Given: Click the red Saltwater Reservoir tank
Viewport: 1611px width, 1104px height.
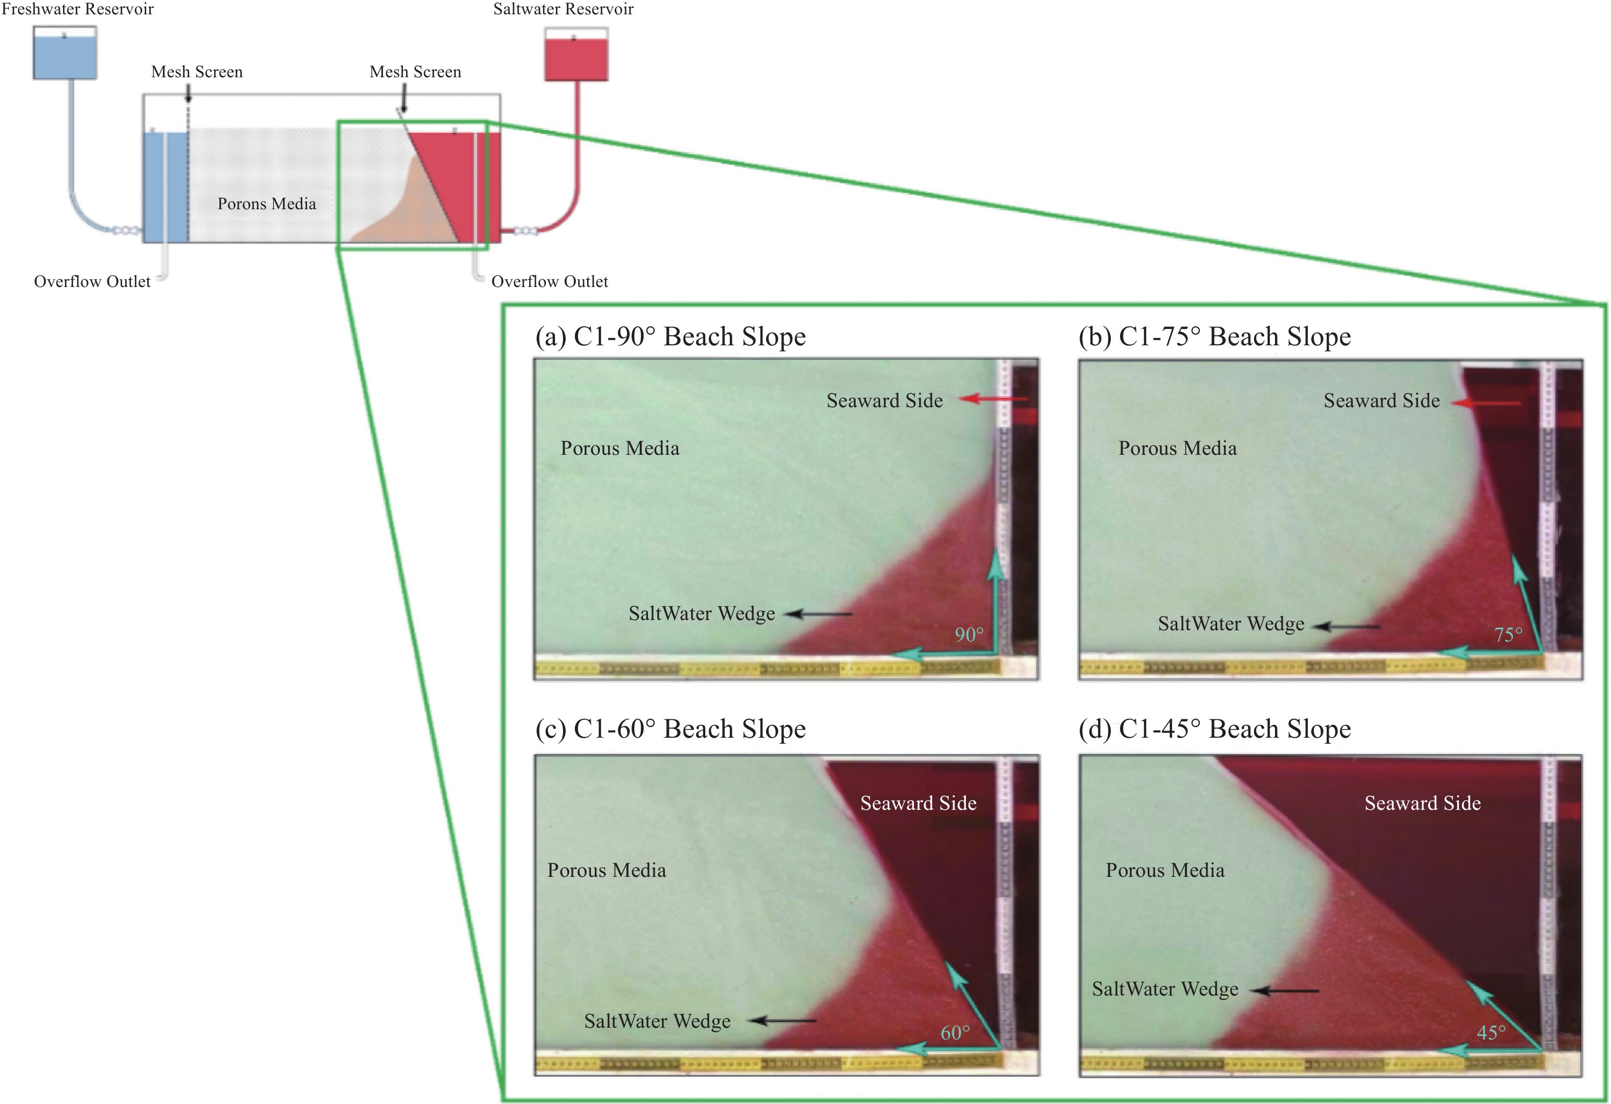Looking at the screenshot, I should (x=576, y=58).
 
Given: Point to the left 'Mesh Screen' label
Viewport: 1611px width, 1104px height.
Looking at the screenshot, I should (x=197, y=72).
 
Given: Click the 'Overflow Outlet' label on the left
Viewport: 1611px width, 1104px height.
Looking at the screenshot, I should (x=92, y=281).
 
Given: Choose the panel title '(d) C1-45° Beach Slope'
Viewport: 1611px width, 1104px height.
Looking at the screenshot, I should (x=1215, y=729).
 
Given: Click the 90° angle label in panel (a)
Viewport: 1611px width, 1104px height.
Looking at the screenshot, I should (x=969, y=634).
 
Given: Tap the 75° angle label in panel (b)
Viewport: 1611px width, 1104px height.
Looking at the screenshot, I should (x=1508, y=634).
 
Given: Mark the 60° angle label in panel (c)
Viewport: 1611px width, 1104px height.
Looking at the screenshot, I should (x=954, y=1032).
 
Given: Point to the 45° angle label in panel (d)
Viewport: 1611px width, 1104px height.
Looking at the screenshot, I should (x=1491, y=1032).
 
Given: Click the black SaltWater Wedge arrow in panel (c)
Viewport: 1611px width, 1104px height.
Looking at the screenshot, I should (x=784, y=1020).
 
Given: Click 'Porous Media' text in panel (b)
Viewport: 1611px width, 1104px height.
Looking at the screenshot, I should (x=1177, y=449).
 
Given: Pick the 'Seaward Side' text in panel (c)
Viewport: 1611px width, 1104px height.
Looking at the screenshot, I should (x=918, y=803).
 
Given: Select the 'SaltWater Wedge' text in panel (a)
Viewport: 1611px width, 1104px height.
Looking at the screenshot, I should (x=702, y=614).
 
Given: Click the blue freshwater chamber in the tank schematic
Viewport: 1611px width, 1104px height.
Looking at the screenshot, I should (x=165, y=186).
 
